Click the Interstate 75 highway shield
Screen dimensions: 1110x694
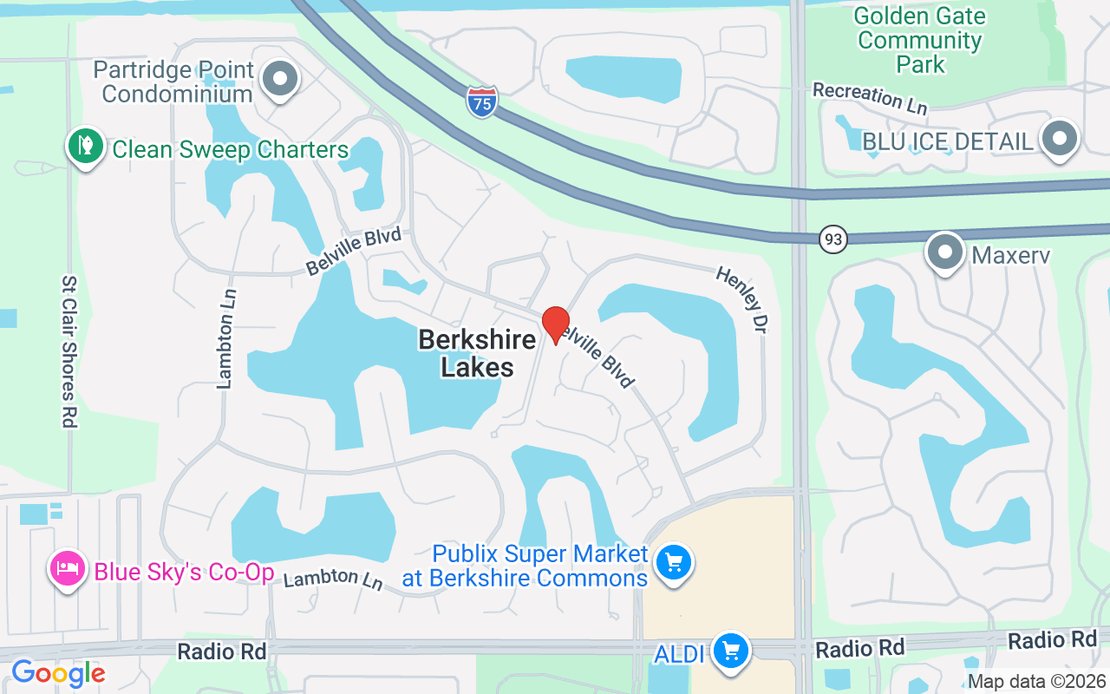coord(482,101)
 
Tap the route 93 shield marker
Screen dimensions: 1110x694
coord(832,239)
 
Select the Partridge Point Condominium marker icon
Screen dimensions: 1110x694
coord(279,79)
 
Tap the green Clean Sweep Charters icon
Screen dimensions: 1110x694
coord(85,147)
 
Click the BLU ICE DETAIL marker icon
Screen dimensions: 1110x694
coord(1059,139)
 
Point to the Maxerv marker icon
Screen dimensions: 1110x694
coord(944,252)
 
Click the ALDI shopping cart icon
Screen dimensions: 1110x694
coord(731,651)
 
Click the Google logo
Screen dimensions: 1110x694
coord(58,673)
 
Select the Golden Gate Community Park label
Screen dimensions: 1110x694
coord(920,40)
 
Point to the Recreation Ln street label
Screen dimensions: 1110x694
coord(871,97)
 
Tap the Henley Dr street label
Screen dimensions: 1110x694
coord(742,299)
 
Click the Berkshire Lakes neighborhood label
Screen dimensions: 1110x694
coord(476,353)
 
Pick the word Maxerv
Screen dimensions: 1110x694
coord(1011,256)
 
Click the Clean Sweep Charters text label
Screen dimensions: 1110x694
coord(231,150)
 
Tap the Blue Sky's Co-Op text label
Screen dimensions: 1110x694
coord(184,572)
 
